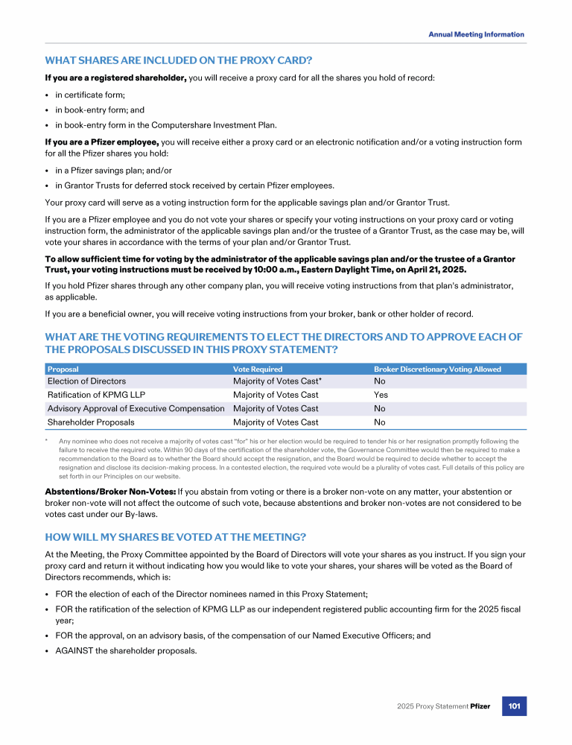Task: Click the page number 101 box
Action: (x=514, y=706)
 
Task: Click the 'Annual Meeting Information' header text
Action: (x=476, y=34)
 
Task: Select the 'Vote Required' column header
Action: (x=258, y=369)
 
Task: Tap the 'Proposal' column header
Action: (x=63, y=369)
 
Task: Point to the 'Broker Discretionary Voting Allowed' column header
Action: (x=437, y=369)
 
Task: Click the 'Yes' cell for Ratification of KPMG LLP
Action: (x=381, y=395)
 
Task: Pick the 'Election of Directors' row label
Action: (x=86, y=381)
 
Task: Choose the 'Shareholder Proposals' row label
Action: (x=91, y=422)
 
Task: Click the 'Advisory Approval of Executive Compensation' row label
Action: (x=136, y=408)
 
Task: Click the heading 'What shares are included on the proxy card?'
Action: (x=179, y=60)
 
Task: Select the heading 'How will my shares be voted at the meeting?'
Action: (x=176, y=537)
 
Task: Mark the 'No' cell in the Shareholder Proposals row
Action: (x=380, y=422)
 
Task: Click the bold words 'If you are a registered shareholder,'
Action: (x=115, y=77)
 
